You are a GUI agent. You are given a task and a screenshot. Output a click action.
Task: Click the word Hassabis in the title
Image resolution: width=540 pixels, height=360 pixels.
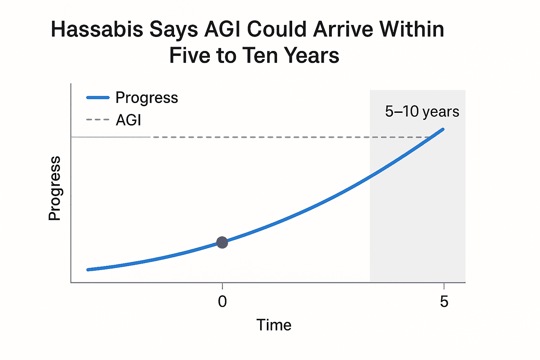[x=97, y=29]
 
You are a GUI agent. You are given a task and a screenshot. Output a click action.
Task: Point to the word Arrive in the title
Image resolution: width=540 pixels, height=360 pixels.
[x=343, y=29]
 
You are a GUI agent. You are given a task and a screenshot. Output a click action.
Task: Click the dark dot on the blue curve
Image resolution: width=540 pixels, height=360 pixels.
[x=222, y=242]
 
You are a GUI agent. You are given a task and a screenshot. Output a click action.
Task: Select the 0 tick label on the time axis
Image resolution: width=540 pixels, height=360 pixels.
[x=222, y=301]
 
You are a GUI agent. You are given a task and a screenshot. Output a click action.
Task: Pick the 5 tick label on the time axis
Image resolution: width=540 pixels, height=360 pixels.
[x=444, y=301]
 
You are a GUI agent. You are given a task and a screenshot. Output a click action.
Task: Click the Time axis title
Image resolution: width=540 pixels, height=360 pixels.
[x=274, y=325]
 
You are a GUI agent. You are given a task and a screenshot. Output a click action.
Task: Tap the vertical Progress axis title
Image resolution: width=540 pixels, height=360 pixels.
[x=54, y=188]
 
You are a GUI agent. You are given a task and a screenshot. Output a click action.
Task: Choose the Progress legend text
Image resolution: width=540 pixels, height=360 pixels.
[x=147, y=98]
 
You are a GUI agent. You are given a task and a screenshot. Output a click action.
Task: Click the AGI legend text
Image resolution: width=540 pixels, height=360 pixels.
[x=128, y=120]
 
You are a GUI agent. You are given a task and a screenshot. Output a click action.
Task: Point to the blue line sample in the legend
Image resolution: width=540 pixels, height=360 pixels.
[x=98, y=98]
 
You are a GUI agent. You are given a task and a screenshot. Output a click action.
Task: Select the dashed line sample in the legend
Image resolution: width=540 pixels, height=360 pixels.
[x=98, y=120]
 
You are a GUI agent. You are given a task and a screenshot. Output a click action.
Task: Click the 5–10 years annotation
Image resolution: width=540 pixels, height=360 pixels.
[x=422, y=111]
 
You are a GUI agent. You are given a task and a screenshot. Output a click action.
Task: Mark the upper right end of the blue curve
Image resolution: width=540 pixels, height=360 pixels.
[x=443, y=129]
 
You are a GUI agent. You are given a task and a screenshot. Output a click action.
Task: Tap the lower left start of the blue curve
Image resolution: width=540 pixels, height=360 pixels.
[x=88, y=270]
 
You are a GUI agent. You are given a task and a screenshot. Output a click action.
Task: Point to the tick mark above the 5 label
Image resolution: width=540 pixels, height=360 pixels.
[x=444, y=286]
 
